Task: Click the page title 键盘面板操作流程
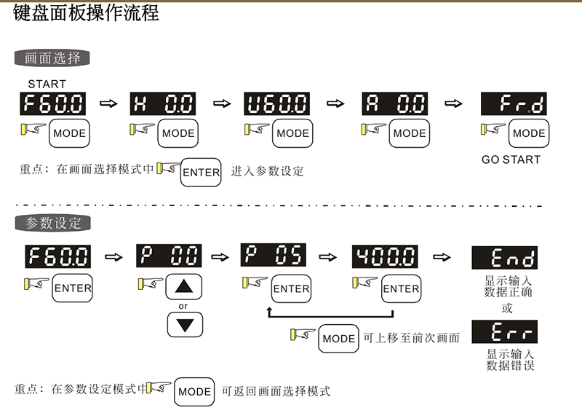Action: tap(87, 14)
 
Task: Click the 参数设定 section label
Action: tap(52, 222)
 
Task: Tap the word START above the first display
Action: tap(47, 84)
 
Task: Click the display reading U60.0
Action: tap(276, 106)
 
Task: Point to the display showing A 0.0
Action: tap(394, 106)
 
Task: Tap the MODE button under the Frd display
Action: tap(529, 134)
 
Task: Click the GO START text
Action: tap(511, 160)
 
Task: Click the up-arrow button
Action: tap(185, 286)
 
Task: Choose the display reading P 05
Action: tap(274, 256)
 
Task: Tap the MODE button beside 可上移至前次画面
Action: tap(338, 339)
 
